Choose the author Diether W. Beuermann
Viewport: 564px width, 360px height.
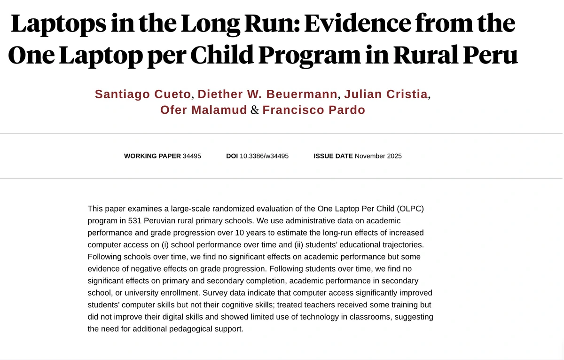(x=267, y=94)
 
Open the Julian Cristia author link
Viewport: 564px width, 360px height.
(x=386, y=94)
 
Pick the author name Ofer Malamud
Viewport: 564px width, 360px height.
(x=204, y=110)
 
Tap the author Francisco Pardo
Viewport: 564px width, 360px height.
(x=313, y=110)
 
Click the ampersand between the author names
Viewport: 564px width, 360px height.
(x=255, y=110)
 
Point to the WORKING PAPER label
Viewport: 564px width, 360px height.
(x=152, y=156)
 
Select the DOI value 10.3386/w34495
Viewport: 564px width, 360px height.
(x=264, y=156)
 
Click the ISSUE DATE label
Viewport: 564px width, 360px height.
(x=333, y=156)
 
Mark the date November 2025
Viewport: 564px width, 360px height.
(x=378, y=156)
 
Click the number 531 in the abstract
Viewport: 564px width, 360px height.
(x=135, y=220)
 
